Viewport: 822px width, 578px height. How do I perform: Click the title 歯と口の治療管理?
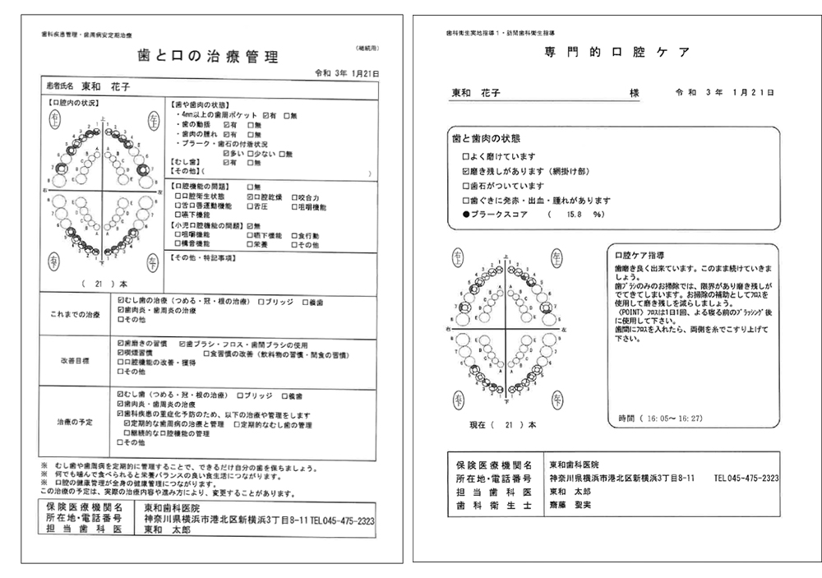coord(208,57)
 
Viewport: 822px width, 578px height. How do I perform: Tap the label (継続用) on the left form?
coord(367,49)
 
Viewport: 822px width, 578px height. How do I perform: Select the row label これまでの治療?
coord(75,314)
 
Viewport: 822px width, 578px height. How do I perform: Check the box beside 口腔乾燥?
coord(250,198)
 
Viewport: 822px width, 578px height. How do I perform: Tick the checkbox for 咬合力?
coord(294,198)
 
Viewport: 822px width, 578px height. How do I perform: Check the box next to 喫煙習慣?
coord(120,351)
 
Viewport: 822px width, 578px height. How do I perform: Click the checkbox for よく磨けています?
coord(466,156)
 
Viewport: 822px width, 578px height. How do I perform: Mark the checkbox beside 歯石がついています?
coord(466,186)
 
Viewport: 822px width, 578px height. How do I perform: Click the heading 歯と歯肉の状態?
coord(486,138)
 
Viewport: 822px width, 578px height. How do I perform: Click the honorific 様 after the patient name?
coord(635,94)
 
